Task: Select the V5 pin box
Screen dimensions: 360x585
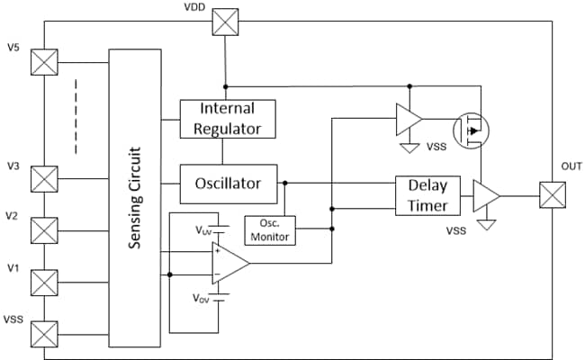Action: [x=43, y=62]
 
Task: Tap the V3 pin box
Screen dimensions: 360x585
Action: [x=43, y=178]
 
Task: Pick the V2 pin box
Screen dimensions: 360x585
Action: [x=43, y=230]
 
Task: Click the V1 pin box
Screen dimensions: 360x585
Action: [x=43, y=283]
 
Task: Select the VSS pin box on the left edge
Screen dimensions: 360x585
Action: [x=43, y=334]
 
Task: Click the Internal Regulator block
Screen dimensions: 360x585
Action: [x=228, y=118]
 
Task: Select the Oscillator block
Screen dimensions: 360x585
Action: [x=228, y=183]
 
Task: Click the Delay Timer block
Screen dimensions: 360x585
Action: [x=427, y=194]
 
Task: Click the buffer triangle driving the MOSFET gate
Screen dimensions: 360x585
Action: [x=409, y=118]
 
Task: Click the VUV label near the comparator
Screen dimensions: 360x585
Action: [x=204, y=230]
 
